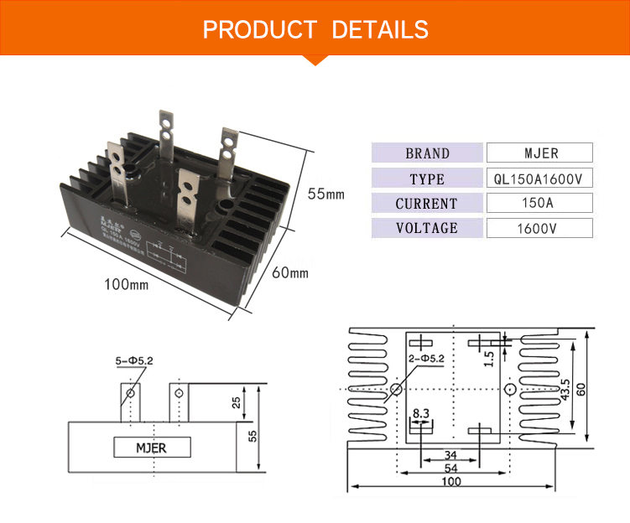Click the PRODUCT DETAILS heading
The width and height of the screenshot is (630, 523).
(315, 31)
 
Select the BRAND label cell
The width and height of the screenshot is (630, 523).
(427, 153)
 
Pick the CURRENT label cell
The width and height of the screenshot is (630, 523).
(427, 204)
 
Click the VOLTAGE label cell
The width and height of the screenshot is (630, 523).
(427, 228)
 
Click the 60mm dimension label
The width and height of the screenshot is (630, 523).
(290, 273)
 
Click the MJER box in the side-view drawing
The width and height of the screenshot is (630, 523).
(151, 448)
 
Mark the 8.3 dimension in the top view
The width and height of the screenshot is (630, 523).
(421, 413)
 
